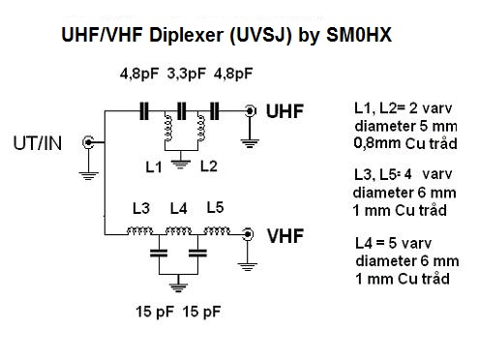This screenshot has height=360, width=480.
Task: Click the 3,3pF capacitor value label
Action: click(x=187, y=74)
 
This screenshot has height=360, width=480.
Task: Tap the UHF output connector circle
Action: click(x=250, y=111)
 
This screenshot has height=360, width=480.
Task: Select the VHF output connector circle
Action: click(x=248, y=234)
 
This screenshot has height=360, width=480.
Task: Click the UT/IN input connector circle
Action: click(x=88, y=142)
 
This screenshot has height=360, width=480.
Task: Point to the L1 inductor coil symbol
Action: click(x=168, y=128)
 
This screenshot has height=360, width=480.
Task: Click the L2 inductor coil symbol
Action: click(x=201, y=128)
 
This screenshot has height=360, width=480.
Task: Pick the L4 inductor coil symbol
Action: click(x=178, y=231)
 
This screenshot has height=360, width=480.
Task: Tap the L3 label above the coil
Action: click(x=141, y=209)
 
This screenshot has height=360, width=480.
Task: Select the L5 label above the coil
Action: click(x=215, y=207)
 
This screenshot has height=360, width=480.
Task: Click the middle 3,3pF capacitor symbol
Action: click(x=182, y=111)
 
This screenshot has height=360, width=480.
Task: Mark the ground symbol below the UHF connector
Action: click(x=250, y=143)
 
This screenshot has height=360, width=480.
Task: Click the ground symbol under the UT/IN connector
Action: click(x=88, y=176)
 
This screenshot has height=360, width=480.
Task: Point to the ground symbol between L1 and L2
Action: click(x=181, y=165)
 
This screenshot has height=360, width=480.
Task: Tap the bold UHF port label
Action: click(x=285, y=111)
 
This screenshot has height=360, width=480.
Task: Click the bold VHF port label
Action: click(x=285, y=236)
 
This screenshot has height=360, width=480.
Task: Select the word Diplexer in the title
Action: click(x=186, y=35)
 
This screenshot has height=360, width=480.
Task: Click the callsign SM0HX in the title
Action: click(x=359, y=35)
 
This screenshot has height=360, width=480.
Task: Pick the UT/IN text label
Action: click(x=38, y=143)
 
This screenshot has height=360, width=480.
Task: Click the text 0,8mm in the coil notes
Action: click(x=377, y=143)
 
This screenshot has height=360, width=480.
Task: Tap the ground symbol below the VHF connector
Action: click(x=248, y=267)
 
